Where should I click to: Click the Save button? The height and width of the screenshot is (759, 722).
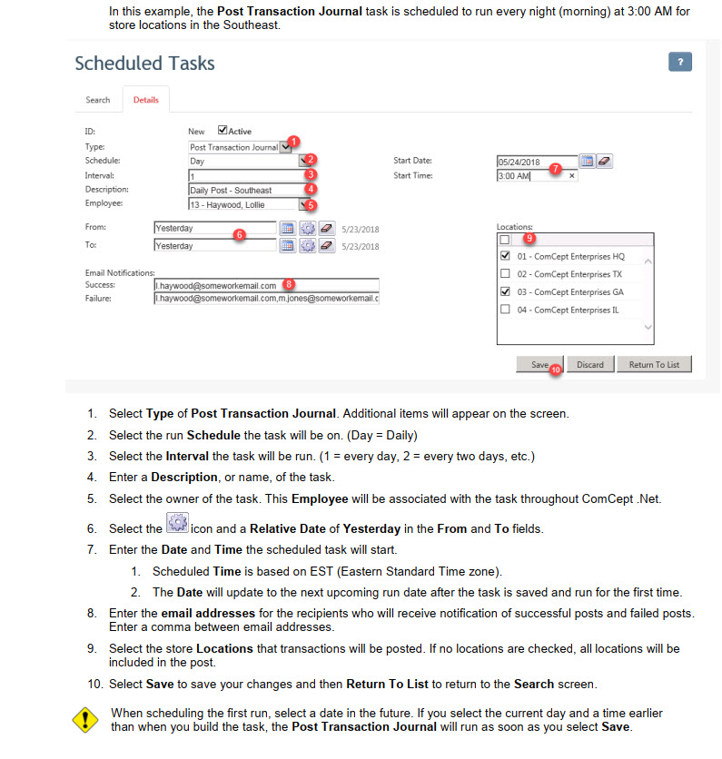[x=539, y=364]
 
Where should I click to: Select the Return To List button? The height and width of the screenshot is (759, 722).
[x=654, y=364]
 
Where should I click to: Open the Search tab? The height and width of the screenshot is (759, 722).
[x=98, y=100]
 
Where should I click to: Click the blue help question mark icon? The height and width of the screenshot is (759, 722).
[x=679, y=62]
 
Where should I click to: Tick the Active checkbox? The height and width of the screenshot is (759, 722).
[x=223, y=131]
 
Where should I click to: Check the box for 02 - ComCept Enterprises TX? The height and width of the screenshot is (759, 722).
[x=505, y=274]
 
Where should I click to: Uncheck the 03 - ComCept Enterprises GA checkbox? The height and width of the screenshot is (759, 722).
[x=505, y=292]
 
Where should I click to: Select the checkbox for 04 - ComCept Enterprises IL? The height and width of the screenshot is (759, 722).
[x=505, y=310]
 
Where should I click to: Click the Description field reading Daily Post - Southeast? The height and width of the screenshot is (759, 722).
[x=243, y=191]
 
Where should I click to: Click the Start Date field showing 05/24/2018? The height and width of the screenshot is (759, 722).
[x=536, y=162]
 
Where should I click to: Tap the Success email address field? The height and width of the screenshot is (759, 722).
[x=265, y=285]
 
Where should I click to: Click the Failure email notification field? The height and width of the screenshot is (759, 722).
[x=265, y=298]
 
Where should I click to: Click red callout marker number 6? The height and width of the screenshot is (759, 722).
[x=239, y=234]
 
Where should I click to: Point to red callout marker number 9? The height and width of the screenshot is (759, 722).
[x=530, y=239]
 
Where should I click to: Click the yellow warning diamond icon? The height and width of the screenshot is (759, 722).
[x=84, y=720]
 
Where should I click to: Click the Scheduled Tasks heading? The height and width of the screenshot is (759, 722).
[x=145, y=64]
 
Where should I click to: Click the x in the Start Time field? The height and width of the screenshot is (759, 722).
[x=571, y=176]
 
